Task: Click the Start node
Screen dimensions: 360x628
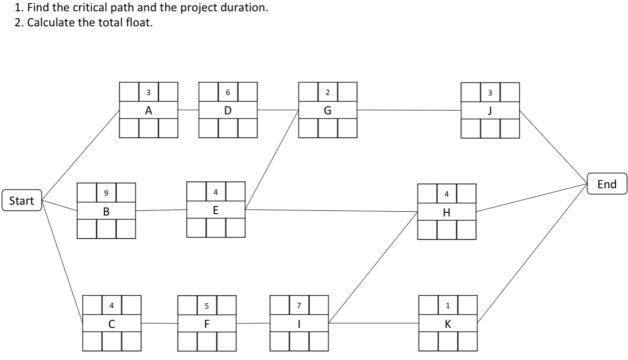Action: click(22, 201)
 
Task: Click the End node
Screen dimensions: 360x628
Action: click(607, 184)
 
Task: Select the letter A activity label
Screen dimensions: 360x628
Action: click(149, 110)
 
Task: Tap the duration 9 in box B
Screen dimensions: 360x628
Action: click(106, 192)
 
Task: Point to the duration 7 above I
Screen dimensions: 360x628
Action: click(299, 305)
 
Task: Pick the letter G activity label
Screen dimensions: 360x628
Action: click(328, 110)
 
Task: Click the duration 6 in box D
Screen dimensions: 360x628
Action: click(228, 92)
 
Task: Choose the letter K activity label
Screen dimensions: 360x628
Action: click(448, 324)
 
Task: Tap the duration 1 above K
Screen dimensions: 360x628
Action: click(448, 305)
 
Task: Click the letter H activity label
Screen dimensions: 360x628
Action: click(447, 212)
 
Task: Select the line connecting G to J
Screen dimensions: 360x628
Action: click(409, 110)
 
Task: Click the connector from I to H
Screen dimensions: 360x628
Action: click(373, 267)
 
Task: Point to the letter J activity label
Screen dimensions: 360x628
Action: click(491, 110)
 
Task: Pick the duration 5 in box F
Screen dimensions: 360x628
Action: click(207, 305)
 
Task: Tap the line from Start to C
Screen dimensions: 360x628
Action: click(62, 262)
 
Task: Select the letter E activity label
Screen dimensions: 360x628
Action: click(216, 210)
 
